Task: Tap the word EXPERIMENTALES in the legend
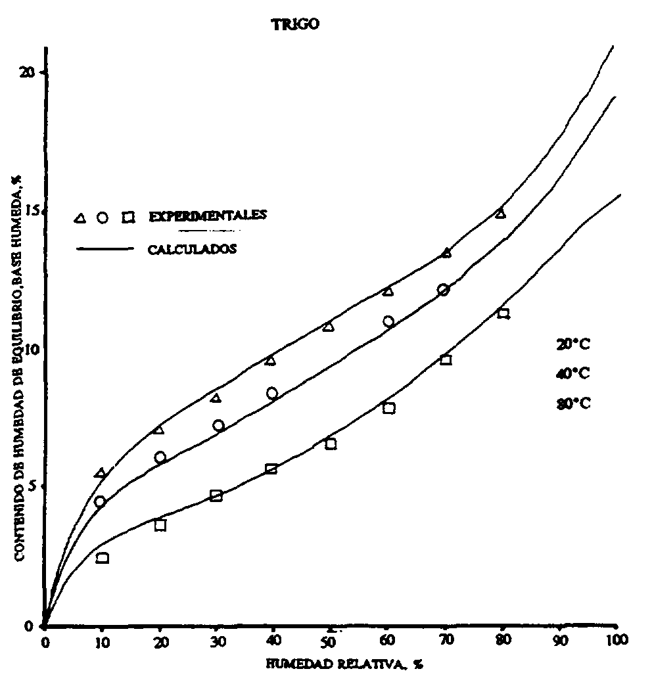[x=207, y=216]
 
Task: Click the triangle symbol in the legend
[x=80, y=218]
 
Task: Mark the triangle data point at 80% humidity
[x=501, y=213]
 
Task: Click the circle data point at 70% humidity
[x=443, y=290]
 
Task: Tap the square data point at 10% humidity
[x=103, y=558]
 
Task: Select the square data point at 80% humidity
[x=503, y=313]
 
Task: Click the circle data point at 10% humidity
[x=100, y=501]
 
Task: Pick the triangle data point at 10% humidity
[x=101, y=473]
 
